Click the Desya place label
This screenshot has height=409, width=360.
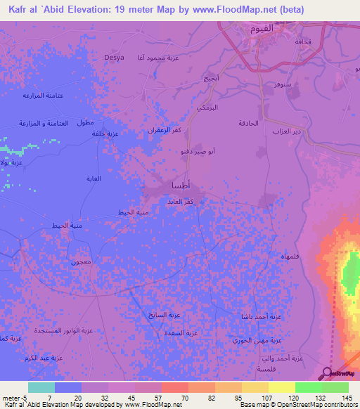pos(113,58)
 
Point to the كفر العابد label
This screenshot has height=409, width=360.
pos(180,202)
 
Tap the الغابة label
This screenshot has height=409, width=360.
pos(93,178)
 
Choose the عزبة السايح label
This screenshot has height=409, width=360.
pos(160,314)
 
